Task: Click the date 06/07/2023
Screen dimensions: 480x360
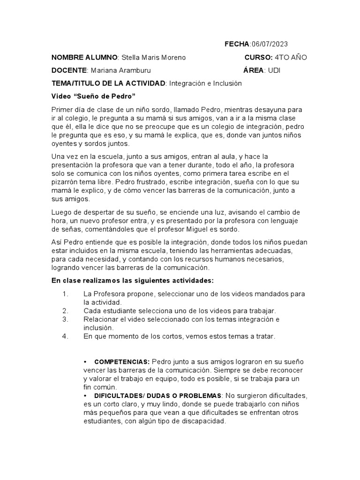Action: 270,44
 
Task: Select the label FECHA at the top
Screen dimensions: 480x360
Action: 237,44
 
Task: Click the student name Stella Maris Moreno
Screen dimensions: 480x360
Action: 153,57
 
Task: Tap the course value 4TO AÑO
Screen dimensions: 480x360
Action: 291,57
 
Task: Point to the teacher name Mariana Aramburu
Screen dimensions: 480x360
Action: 121,70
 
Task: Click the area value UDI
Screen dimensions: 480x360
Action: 274,70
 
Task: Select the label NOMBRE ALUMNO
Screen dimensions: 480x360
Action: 84,57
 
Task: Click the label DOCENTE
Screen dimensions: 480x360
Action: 69,70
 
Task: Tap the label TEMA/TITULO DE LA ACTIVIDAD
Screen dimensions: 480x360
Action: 108,83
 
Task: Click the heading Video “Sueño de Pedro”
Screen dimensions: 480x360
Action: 93,97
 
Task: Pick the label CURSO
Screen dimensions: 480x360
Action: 258,57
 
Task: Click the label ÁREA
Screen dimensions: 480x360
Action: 254,70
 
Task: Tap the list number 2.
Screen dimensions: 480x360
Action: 65,311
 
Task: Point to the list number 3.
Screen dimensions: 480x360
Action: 65,319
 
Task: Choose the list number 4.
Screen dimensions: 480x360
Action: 65,336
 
